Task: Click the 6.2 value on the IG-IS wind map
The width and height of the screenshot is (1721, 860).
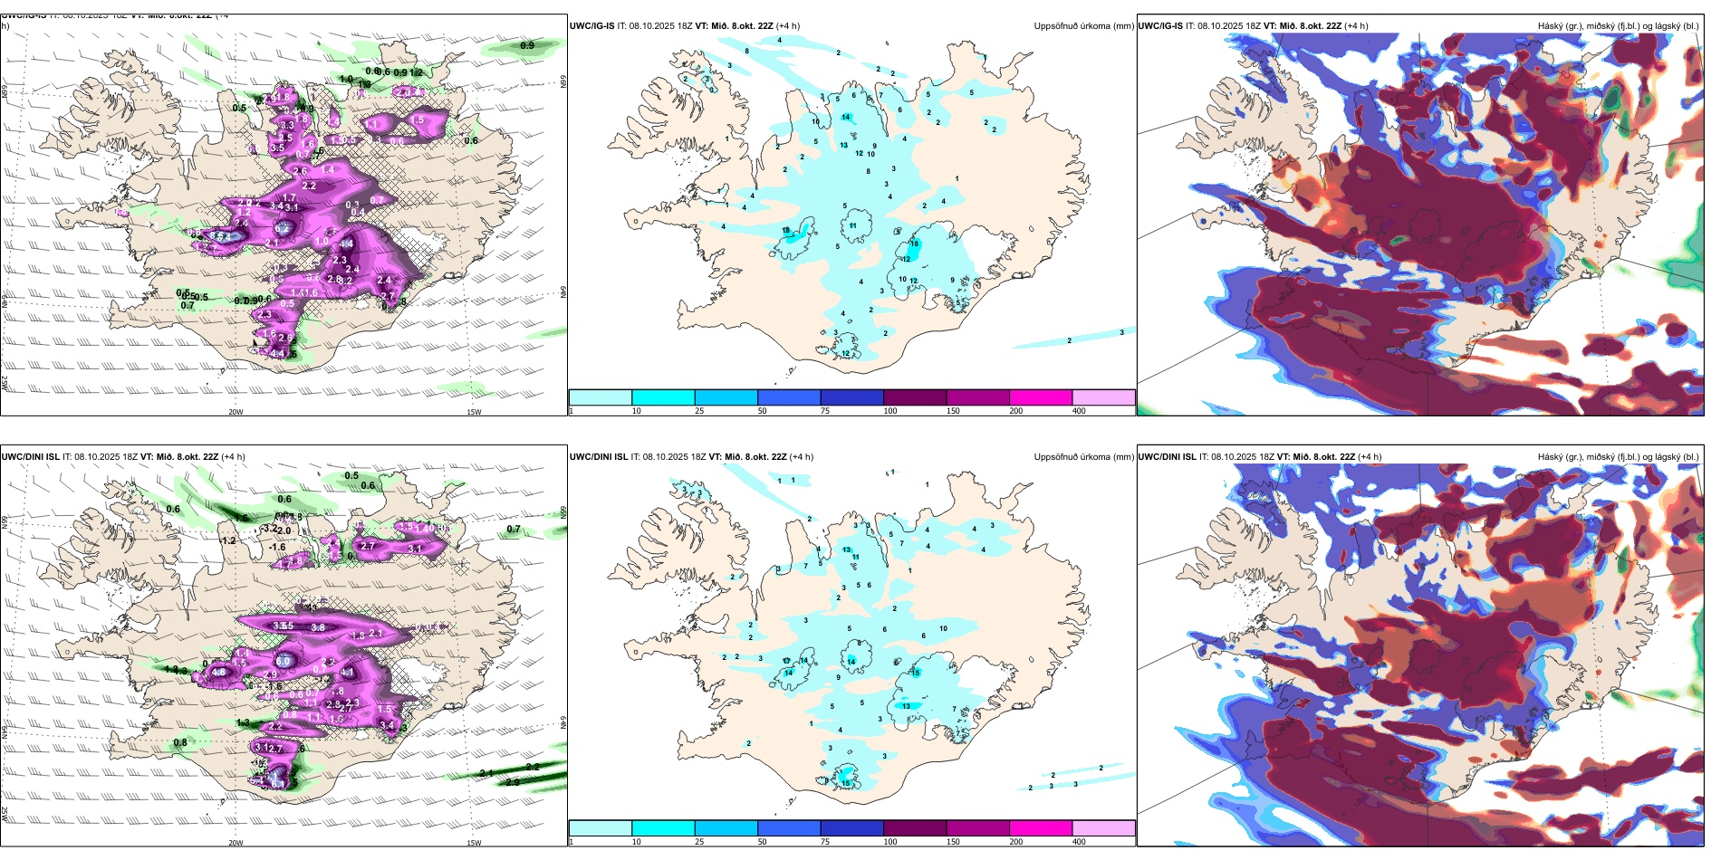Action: (x=282, y=229)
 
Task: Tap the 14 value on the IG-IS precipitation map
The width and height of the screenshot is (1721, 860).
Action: (x=846, y=118)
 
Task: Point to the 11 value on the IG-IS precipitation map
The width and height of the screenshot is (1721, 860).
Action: (x=853, y=226)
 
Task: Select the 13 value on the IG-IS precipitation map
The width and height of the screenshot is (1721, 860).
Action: (x=843, y=146)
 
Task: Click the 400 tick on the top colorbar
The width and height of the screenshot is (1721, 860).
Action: (x=1079, y=411)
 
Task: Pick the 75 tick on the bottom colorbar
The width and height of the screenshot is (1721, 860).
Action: (x=824, y=842)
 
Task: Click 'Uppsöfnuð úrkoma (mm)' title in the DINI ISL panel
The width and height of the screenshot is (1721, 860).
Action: (x=1083, y=457)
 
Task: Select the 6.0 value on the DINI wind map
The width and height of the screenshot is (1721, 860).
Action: (x=284, y=662)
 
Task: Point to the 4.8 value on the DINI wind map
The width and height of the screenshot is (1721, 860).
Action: (x=218, y=673)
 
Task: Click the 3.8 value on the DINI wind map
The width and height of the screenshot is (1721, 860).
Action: (x=318, y=627)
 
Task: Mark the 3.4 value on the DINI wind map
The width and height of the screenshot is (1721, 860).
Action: (x=387, y=725)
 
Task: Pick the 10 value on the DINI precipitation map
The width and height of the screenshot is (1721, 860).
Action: (x=943, y=628)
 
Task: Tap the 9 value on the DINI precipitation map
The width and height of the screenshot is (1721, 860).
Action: (x=838, y=677)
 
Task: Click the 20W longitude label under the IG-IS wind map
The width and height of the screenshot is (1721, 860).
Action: (x=236, y=412)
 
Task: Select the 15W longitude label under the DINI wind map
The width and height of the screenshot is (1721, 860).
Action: (x=474, y=843)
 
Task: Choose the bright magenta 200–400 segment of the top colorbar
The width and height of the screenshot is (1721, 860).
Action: (x=1041, y=397)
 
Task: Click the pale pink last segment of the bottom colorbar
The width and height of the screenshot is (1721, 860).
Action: (x=1103, y=828)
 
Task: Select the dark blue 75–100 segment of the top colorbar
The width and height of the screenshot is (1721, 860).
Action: (x=851, y=397)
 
